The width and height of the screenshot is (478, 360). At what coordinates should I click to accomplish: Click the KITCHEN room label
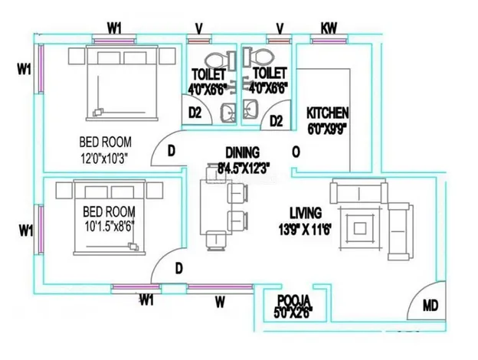coord(327,111)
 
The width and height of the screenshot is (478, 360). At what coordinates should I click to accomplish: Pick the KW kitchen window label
coord(329,28)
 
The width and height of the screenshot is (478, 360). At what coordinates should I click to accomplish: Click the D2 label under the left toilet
coord(195,113)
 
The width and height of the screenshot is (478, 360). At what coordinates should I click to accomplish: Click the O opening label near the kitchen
coord(295,152)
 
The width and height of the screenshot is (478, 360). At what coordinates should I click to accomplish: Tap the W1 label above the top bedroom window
coord(115,28)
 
